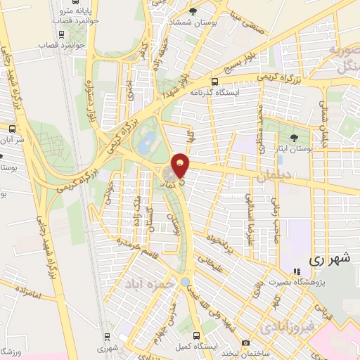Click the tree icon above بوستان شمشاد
pyautogui.click(x=193, y=12)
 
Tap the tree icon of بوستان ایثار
pyautogui.click(x=293, y=138)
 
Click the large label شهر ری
pyautogui.click(x=329, y=259)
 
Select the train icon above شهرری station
pyautogui.click(x=106, y=337)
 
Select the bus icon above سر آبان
pyautogui.click(x=12, y=129)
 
